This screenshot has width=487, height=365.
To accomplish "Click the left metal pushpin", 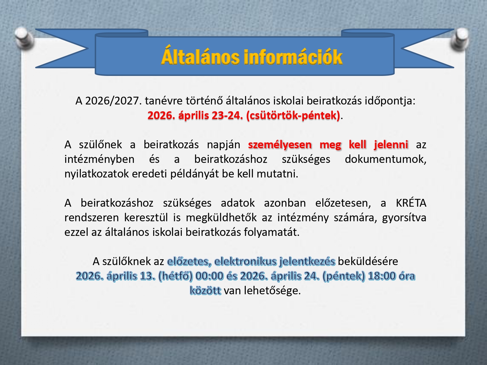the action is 24,37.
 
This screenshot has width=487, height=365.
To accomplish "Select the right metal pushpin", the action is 460,39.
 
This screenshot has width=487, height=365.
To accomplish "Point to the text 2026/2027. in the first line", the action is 113,101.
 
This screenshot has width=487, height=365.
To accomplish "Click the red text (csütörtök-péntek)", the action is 293,116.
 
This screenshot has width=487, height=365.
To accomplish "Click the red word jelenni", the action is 391,144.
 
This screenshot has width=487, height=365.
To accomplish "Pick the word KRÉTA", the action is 411,203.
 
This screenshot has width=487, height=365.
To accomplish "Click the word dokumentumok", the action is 386,159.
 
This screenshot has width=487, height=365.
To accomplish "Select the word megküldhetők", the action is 221,218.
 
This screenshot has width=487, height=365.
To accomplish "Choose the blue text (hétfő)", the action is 176,276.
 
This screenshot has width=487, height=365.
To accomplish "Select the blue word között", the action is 206,290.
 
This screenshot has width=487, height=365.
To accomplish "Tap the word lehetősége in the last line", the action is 272,291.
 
